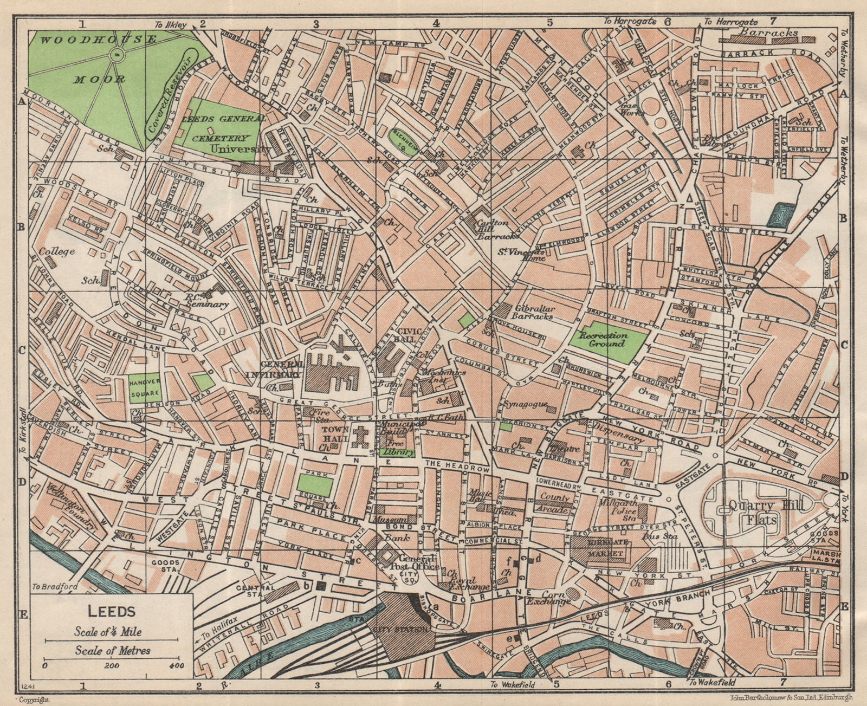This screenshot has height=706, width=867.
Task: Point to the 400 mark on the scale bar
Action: (176, 665)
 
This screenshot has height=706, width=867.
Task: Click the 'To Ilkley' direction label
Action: (170, 24)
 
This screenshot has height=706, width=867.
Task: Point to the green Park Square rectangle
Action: (315, 485)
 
